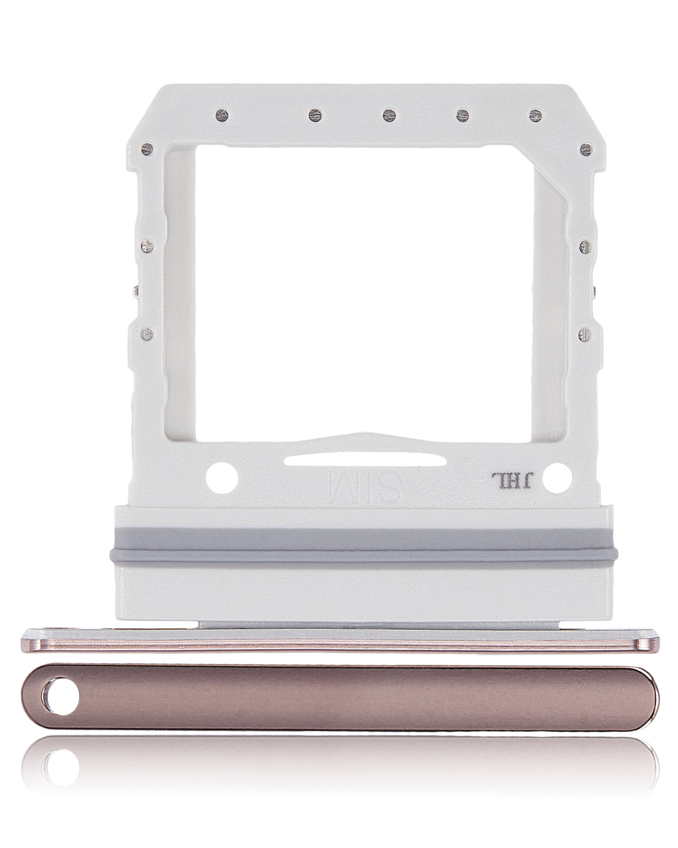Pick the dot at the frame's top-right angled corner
[x=585, y=149]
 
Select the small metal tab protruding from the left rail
[x=135, y=291]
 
